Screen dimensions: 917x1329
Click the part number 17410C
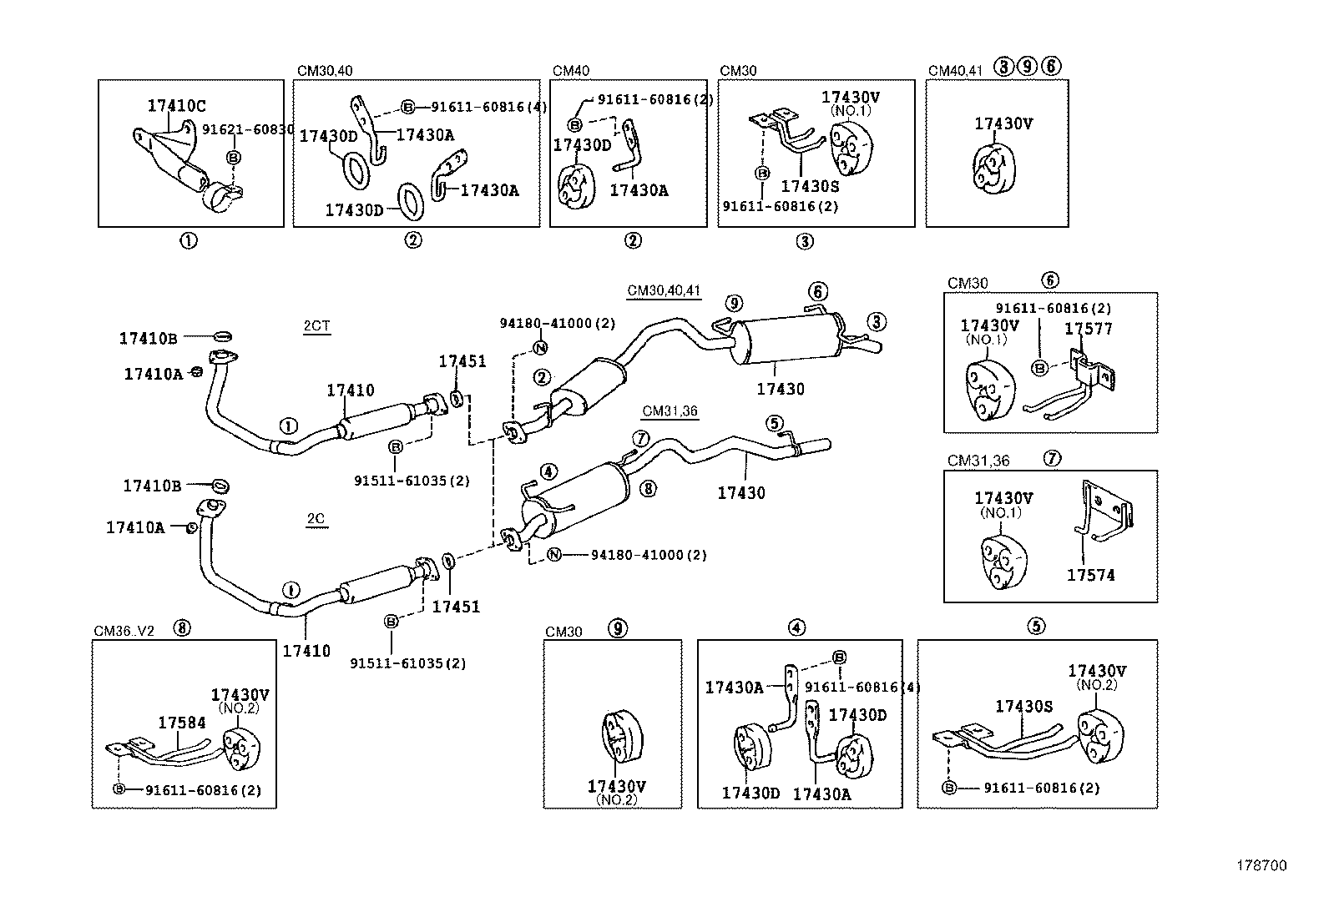[176, 106]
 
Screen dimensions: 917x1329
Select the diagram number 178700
[1261, 866]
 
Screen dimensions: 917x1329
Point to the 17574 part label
[1090, 575]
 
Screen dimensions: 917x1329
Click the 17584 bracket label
[182, 723]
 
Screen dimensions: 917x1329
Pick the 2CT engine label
[316, 326]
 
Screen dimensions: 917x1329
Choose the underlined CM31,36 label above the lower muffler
[670, 411]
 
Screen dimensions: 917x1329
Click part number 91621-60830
[247, 129]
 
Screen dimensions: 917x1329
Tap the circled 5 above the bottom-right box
[1036, 627]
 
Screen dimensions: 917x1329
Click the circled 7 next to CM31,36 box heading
[1053, 458]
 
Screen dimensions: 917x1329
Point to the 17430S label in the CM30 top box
[809, 187]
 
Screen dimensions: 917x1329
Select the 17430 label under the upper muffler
[781, 389]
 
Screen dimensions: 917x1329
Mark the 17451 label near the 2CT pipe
[462, 361]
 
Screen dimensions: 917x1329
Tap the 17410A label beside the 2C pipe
[135, 527]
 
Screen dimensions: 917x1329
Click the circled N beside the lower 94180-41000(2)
[553, 555]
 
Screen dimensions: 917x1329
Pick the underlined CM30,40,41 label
[664, 291]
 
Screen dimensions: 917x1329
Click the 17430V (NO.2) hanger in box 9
[622, 738]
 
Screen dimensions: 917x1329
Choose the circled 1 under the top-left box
[189, 241]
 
